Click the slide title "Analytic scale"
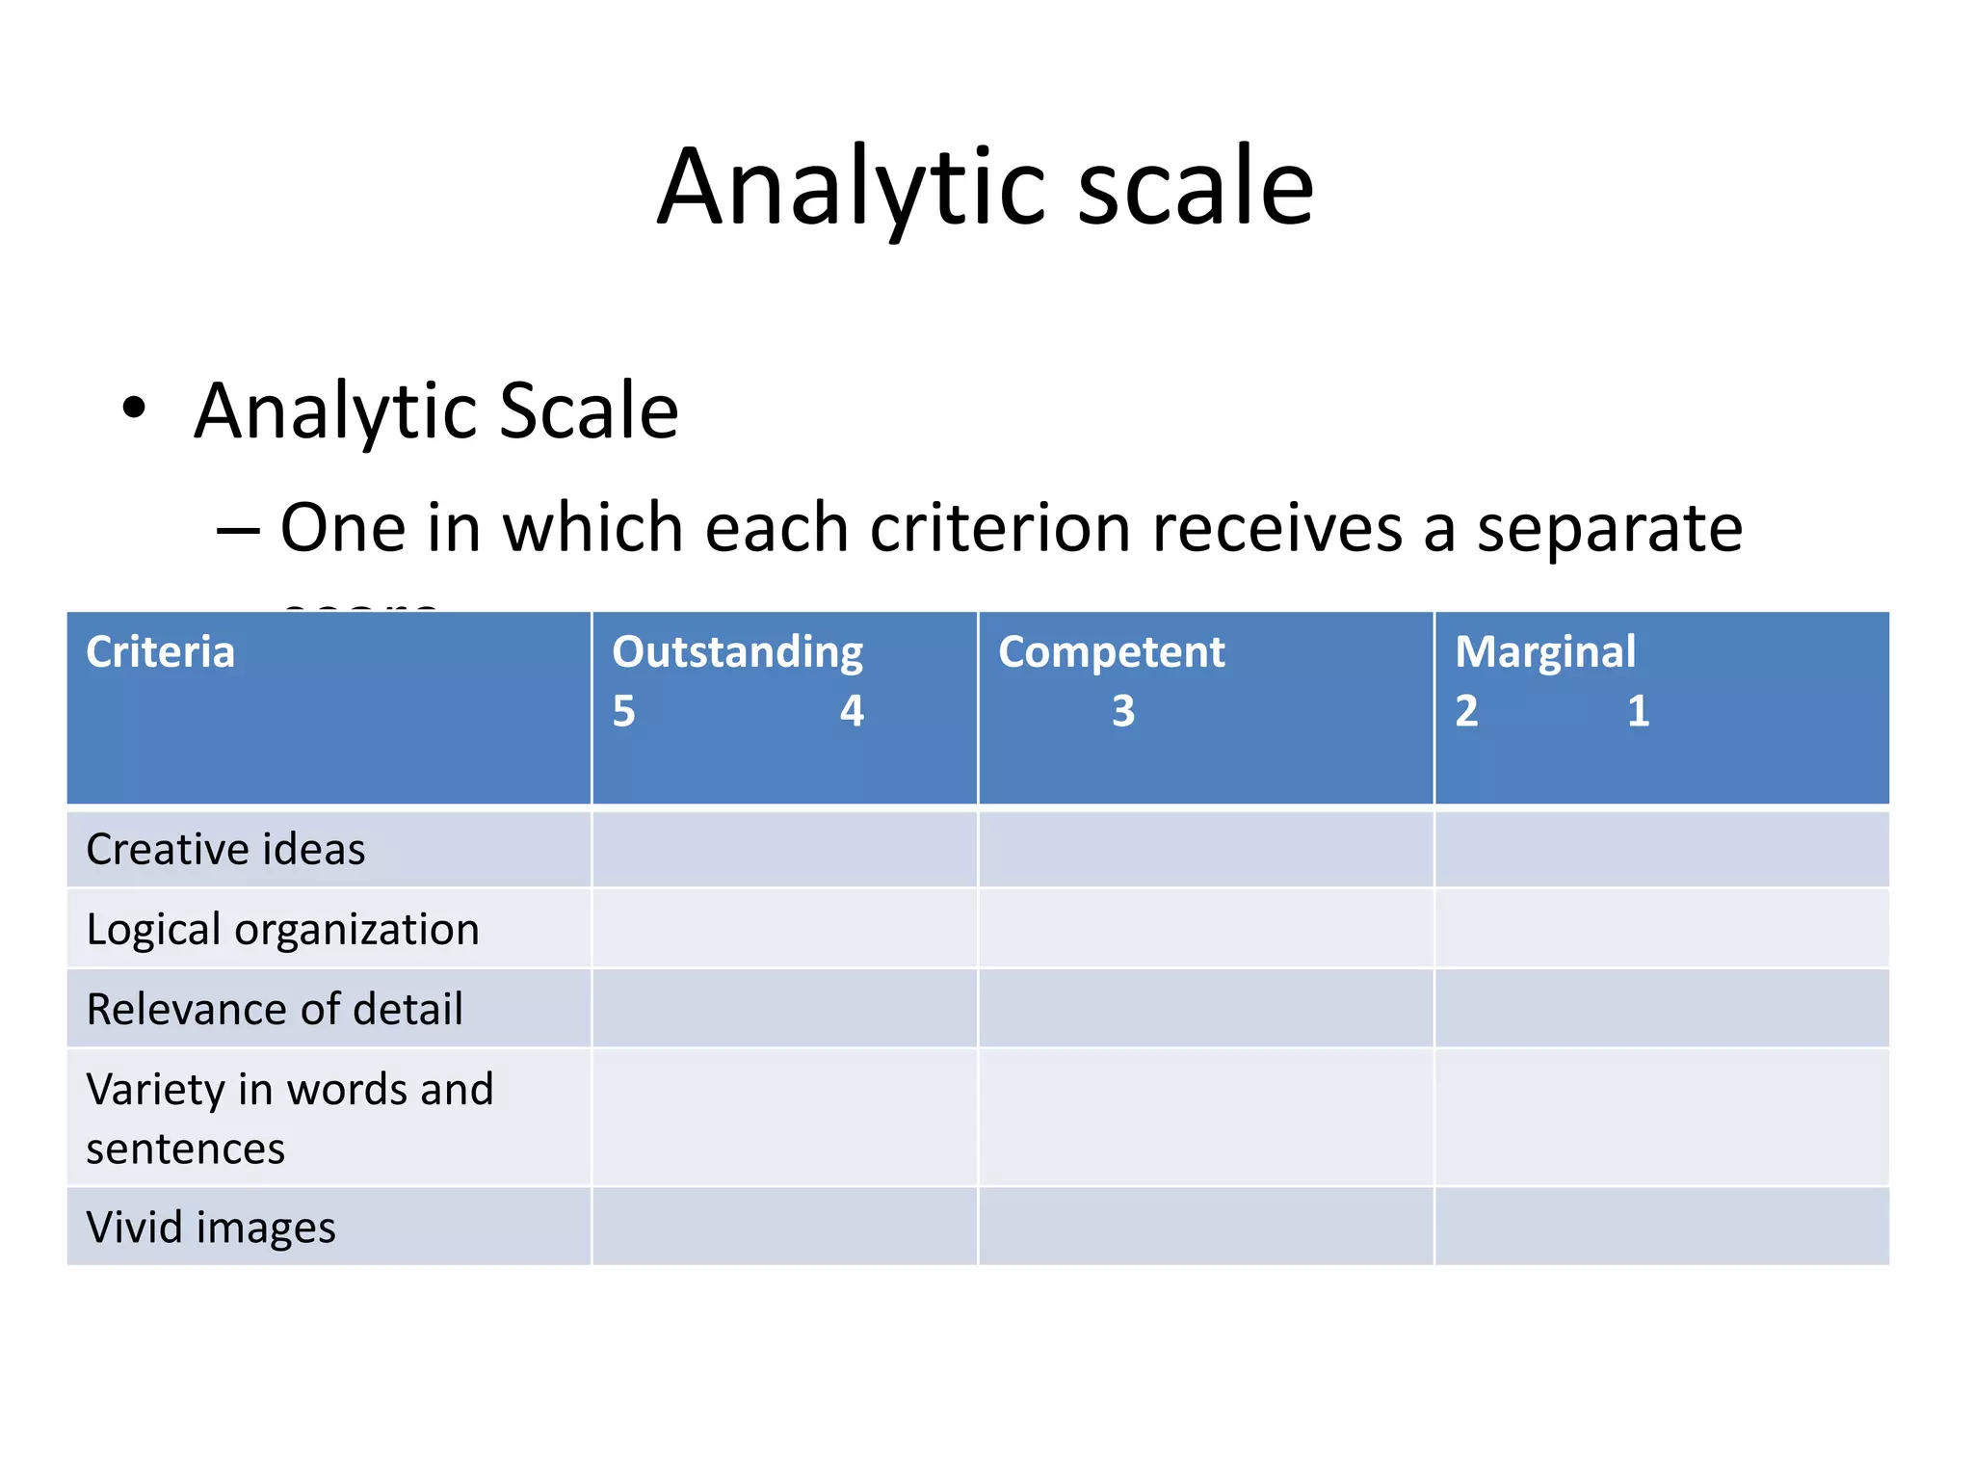(985, 187)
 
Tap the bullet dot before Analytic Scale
(134, 408)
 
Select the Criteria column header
(160, 652)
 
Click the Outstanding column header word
(737, 652)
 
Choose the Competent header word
(1111, 652)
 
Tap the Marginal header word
(1544, 652)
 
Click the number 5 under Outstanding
(623, 712)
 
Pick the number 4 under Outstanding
(852, 712)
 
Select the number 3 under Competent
(1123, 712)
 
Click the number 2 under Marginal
(1465, 712)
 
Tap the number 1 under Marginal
(1638, 712)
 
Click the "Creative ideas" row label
(225, 850)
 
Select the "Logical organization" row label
(282, 930)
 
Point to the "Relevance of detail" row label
(275, 1010)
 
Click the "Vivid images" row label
(211, 1228)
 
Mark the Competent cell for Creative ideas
(1205, 850)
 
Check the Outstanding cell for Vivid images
(784, 1228)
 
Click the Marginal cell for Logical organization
(1661, 930)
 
